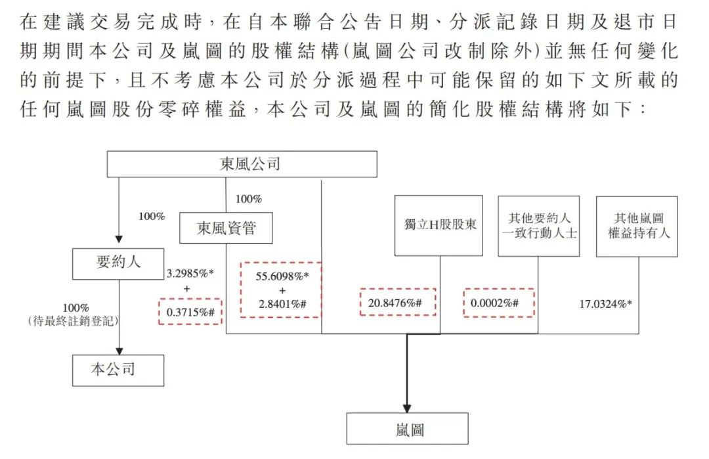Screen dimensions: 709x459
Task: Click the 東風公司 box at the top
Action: (x=242, y=164)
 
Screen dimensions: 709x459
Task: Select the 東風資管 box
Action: (x=226, y=228)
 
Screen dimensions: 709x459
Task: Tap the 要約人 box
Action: (x=118, y=263)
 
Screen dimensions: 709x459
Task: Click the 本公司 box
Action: (x=118, y=370)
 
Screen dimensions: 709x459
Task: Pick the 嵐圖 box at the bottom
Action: (x=408, y=428)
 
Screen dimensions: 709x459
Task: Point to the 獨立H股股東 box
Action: (x=439, y=226)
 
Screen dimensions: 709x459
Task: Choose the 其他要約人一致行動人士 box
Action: (x=538, y=226)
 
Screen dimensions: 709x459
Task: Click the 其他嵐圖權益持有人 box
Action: (x=637, y=227)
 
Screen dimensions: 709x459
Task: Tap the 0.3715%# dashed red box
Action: (x=190, y=311)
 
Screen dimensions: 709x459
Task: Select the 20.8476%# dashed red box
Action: (x=398, y=302)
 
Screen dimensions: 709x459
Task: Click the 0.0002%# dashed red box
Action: (x=499, y=303)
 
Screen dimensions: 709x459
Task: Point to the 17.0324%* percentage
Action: (x=606, y=304)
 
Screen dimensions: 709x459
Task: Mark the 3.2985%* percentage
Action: (x=190, y=273)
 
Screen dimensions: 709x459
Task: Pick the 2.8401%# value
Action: (x=282, y=304)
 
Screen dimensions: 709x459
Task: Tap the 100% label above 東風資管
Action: (x=249, y=199)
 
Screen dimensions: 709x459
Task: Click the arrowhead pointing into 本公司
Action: (x=119, y=351)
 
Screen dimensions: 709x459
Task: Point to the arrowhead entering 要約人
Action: (x=119, y=239)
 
